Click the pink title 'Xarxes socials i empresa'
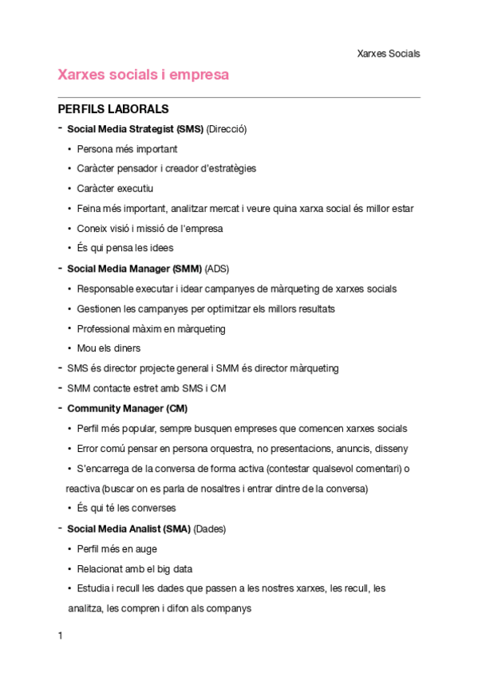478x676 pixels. click(x=144, y=75)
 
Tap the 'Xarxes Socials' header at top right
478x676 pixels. click(x=388, y=53)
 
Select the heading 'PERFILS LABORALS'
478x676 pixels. click(x=113, y=109)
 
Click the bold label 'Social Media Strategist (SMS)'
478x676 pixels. click(x=135, y=128)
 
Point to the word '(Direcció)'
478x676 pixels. click(x=227, y=128)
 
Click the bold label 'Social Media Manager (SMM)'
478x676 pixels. click(x=134, y=268)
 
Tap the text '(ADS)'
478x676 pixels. click(x=217, y=268)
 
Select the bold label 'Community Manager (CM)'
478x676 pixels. click(x=128, y=408)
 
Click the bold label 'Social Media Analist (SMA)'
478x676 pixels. click(x=128, y=529)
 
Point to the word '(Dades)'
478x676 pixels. click(x=211, y=529)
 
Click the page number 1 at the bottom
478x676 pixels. click(x=60, y=636)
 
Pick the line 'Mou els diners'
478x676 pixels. click(x=109, y=348)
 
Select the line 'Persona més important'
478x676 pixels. click(x=127, y=148)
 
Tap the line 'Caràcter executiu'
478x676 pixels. click(x=115, y=188)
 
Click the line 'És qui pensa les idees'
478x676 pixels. click(x=125, y=248)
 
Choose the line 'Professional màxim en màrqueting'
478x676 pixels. click(x=151, y=328)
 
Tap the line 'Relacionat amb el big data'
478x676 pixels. click(x=135, y=568)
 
